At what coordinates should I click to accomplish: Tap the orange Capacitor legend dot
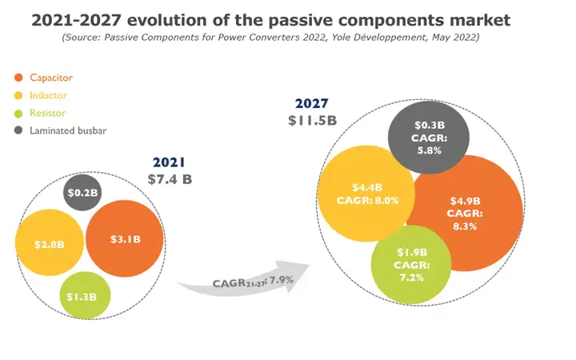click(x=19, y=78)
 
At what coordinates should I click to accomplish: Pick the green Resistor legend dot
click(x=19, y=113)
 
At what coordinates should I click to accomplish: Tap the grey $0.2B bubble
click(x=82, y=193)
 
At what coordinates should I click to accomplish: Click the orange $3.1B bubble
click(x=123, y=238)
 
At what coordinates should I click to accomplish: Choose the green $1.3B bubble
click(x=84, y=296)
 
